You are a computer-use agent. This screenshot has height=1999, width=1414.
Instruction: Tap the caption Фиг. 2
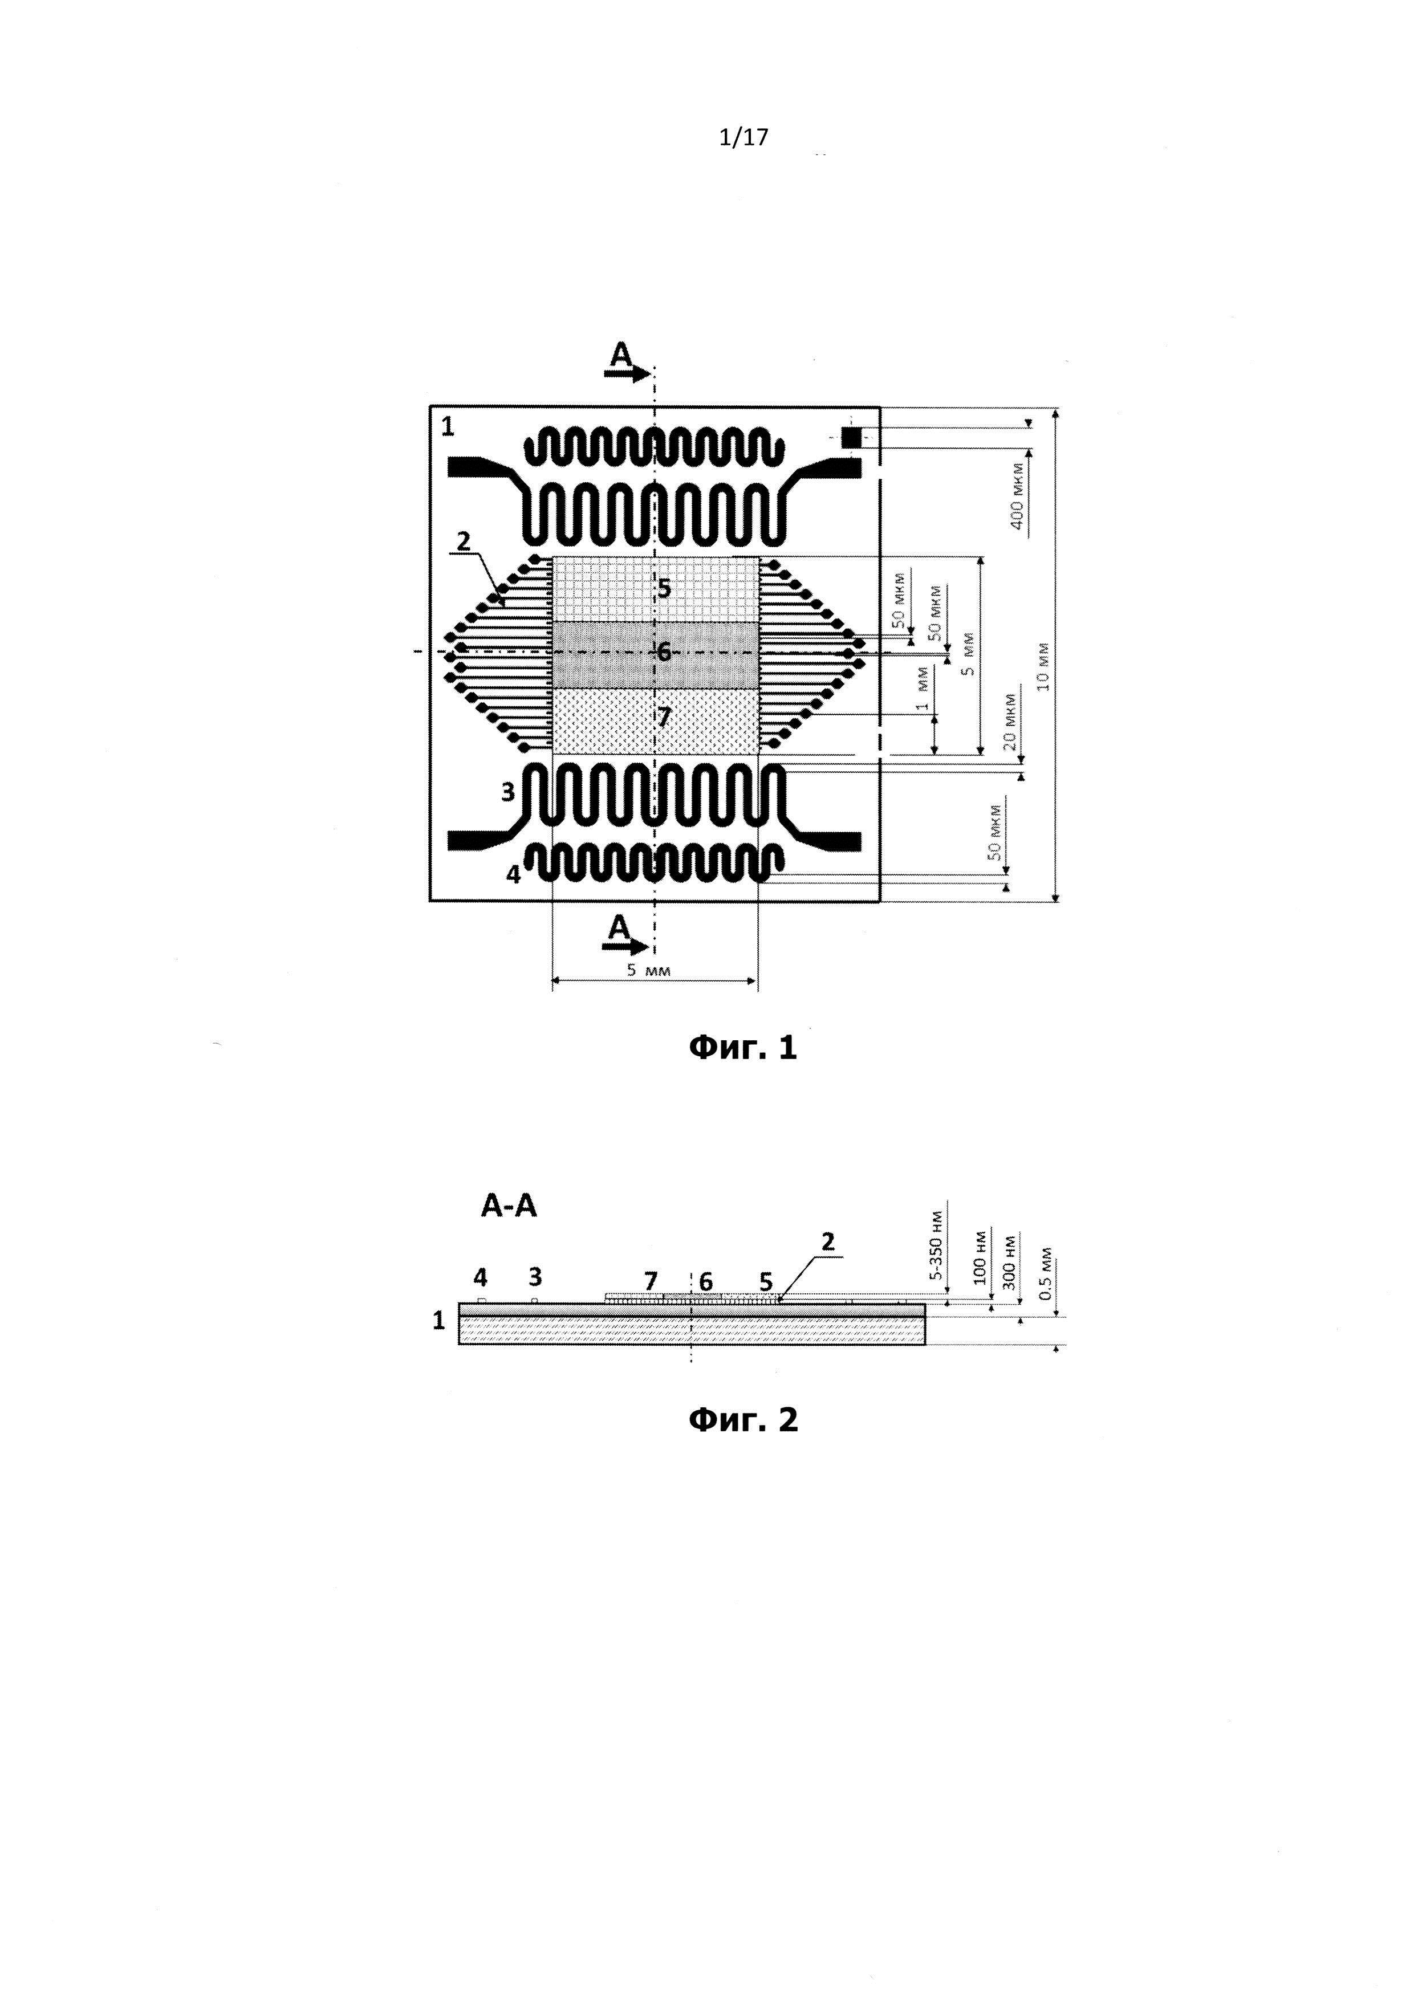[x=742, y=1420]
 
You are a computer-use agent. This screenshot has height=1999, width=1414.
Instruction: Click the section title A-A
[x=509, y=1207]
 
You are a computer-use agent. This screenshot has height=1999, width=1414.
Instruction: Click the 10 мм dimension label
[x=1044, y=666]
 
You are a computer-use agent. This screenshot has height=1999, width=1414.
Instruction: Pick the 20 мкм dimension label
[x=1009, y=721]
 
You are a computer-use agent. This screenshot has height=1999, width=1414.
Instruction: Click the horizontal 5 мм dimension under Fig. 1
[x=649, y=971]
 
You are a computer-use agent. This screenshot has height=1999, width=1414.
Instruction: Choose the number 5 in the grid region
[x=664, y=589]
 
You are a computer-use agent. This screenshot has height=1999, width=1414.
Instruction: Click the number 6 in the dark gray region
[x=664, y=652]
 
